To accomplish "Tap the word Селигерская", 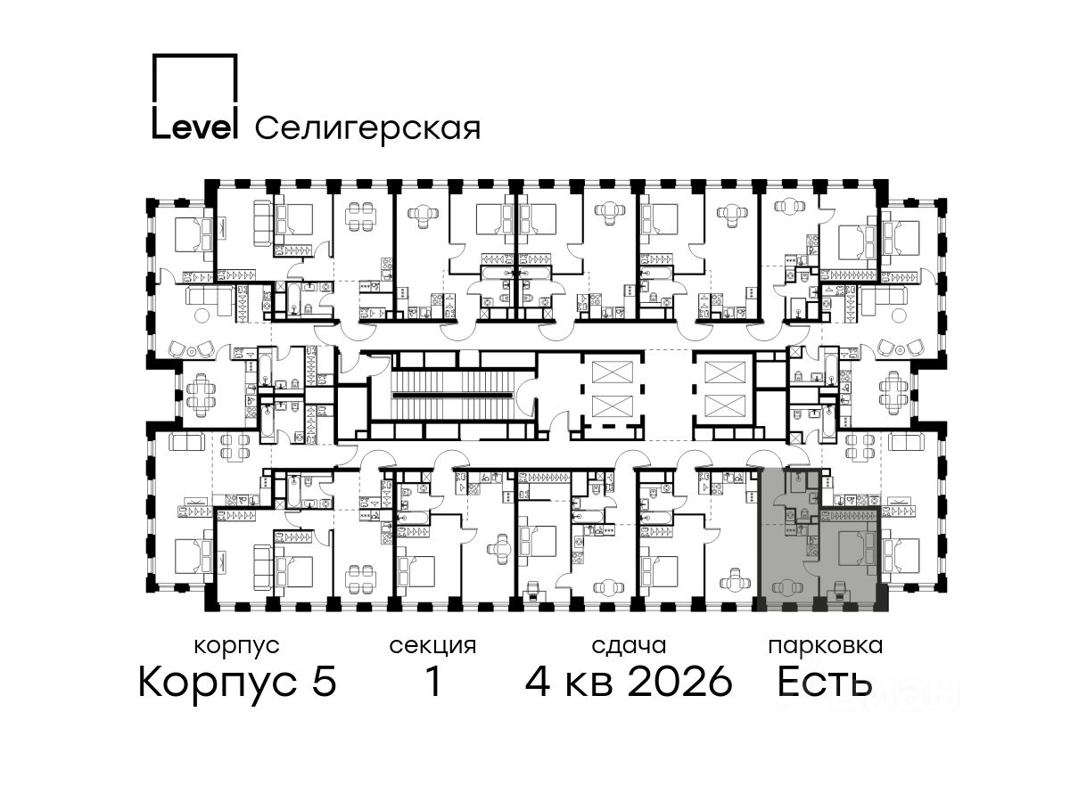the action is pos(368,129).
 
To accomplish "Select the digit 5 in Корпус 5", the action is pos(325,682).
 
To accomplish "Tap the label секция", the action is pos(432,647).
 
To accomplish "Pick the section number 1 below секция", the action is pos(433,682).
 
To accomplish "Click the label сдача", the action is pos(629,647).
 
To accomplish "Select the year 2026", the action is pos(680,682).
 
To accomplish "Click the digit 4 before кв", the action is pos(538,682).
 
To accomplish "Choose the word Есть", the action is pos(824,682).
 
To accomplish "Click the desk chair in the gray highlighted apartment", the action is pos(839,590).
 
